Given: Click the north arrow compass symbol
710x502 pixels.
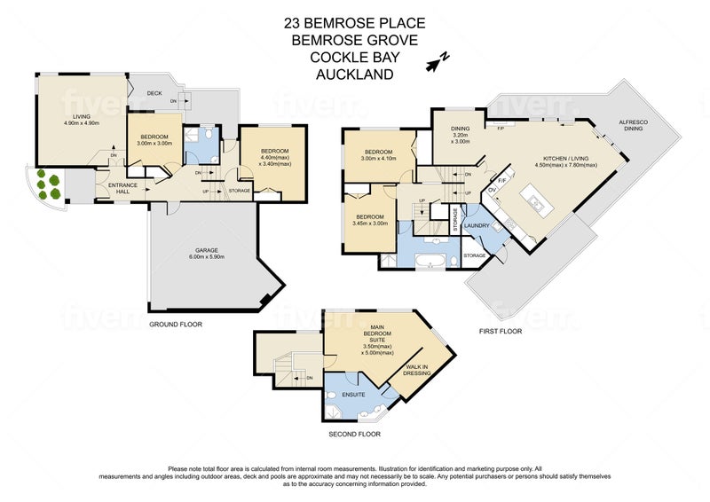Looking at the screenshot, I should [438, 61].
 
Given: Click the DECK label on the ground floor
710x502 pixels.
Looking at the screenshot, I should [154, 92].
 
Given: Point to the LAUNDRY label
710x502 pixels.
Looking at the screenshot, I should [477, 226].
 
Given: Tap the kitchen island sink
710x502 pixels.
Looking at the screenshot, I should [538, 204].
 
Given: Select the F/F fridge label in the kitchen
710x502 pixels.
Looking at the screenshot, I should [501, 180].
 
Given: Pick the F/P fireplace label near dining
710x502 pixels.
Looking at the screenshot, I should [500, 128].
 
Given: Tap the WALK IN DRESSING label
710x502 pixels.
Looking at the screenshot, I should [417, 370].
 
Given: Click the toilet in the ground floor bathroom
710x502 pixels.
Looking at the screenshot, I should [206, 132].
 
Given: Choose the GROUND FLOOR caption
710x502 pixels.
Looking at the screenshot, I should [175, 325].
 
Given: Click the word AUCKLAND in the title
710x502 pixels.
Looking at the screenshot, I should [354, 76].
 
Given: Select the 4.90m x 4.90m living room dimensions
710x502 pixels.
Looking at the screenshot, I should [81, 122].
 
